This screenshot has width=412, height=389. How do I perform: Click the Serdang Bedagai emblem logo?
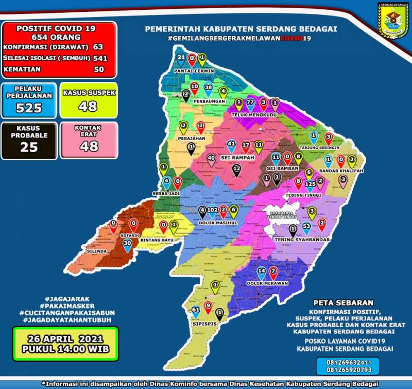pos(392,20)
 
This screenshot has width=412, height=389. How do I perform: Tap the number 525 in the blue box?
pos(29,108)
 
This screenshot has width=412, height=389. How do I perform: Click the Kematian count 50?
pos(98,69)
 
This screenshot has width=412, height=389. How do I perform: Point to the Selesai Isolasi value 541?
pos(98,58)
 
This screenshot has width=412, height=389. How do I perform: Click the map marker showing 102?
pos(212,211)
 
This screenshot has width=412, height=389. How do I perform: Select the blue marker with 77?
pos(251,103)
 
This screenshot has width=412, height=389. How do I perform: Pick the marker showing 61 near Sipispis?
pos(196,311)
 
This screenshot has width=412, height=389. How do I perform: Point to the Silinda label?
pos(99,251)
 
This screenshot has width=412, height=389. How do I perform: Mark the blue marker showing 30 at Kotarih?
pos(127,243)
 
